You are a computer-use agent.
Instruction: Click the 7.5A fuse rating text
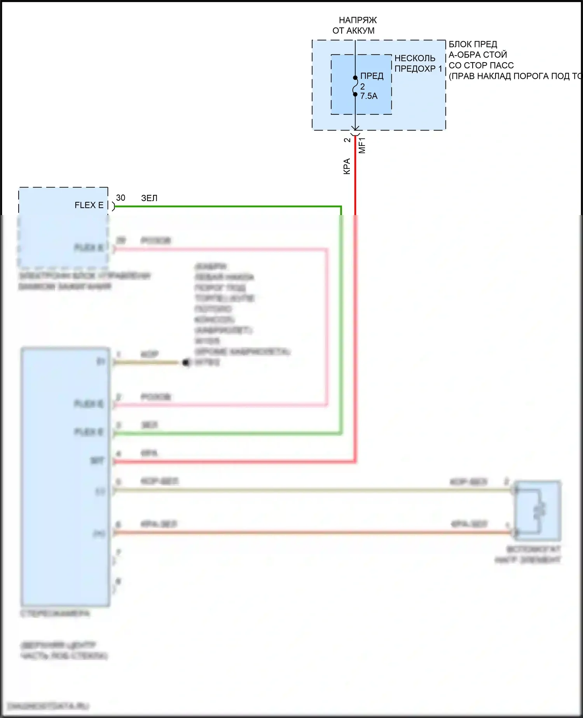(368, 96)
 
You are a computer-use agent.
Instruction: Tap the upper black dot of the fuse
(355, 77)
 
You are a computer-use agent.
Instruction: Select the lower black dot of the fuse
(355, 94)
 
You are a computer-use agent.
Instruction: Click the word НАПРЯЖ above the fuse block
(358, 20)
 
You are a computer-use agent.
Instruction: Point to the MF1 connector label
(362, 145)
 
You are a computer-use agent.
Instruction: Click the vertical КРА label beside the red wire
(347, 166)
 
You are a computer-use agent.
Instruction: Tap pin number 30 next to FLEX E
(120, 198)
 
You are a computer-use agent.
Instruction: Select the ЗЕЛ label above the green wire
(149, 198)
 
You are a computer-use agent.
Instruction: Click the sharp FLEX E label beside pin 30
(89, 205)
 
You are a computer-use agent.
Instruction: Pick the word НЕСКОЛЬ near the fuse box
(415, 58)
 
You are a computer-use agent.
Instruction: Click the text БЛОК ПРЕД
(473, 44)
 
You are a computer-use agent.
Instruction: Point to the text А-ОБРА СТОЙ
(478, 55)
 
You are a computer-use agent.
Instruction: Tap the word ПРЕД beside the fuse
(372, 76)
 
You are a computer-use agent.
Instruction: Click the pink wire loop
(326, 327)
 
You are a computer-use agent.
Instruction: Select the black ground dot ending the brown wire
(186, 363)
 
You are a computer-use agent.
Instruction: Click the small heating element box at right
(538, 510)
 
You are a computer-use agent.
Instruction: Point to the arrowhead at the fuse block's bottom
(355, 128)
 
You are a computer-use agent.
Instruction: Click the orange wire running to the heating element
(311, 532)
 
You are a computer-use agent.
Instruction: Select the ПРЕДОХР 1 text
(418, 69)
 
